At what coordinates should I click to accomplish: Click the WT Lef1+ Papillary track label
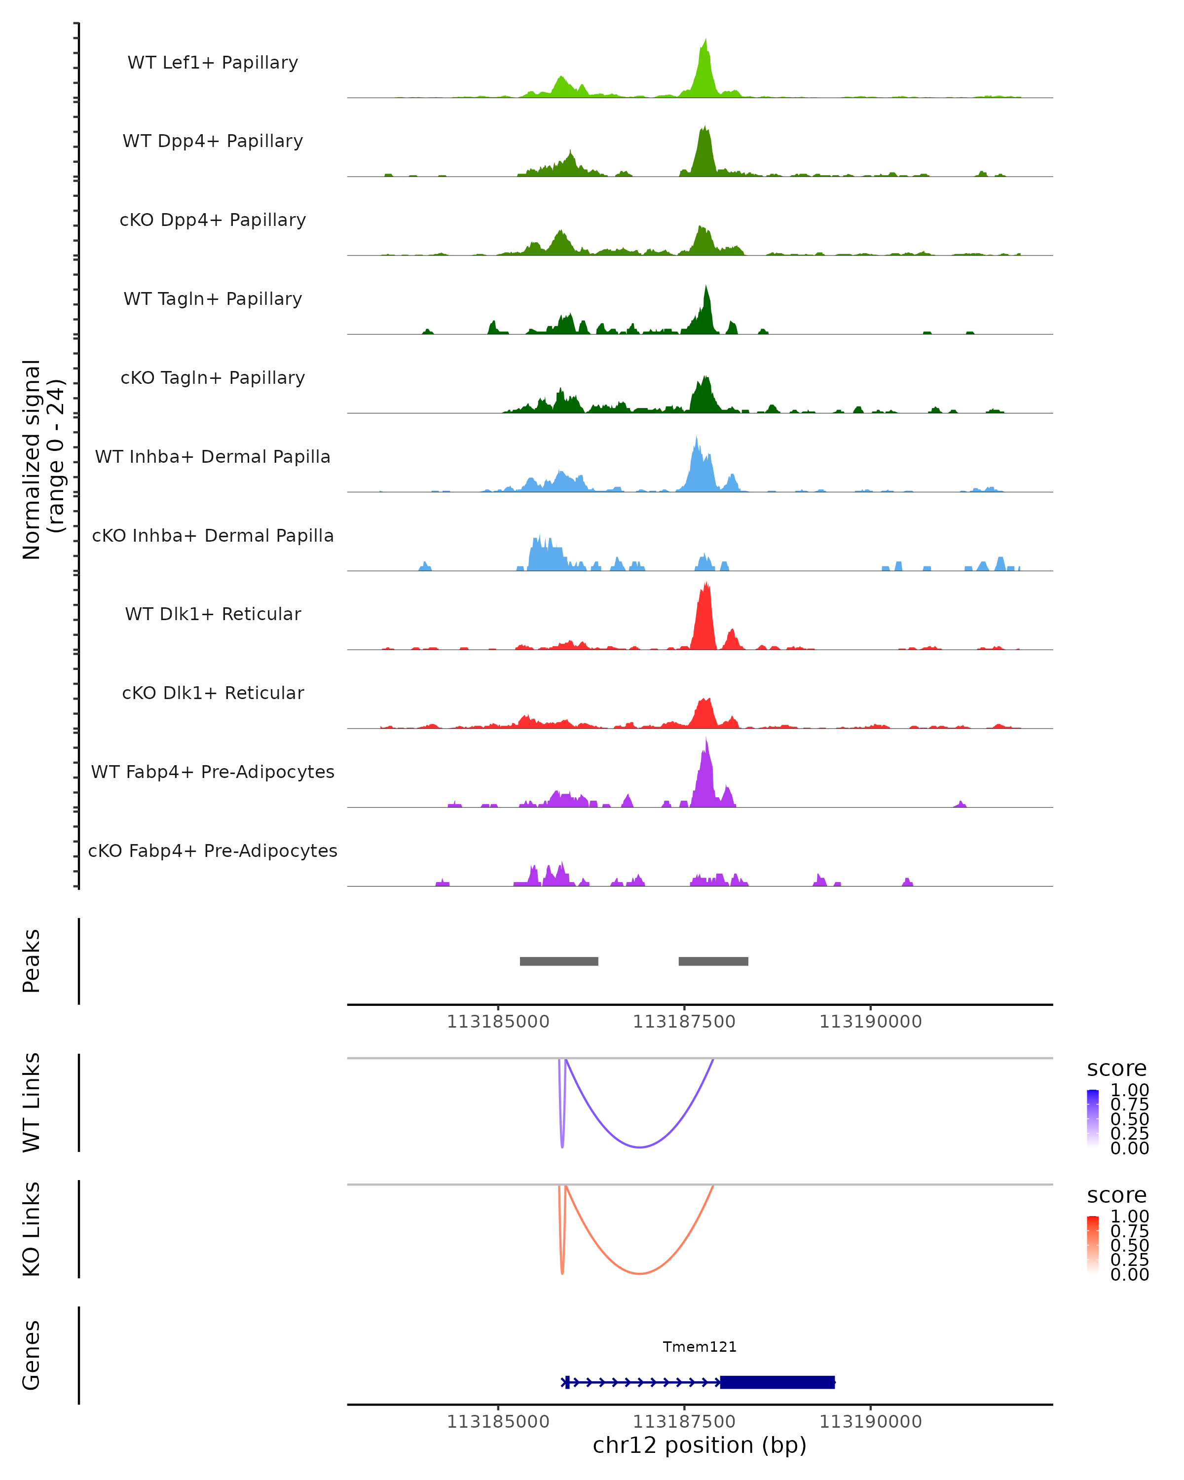213,63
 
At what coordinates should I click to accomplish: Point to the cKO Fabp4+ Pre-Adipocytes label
213,851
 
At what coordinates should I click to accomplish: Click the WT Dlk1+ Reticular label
213,614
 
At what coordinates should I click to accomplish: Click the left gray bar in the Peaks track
559,961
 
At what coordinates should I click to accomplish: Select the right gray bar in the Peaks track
713,961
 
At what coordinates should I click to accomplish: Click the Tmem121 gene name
700,1347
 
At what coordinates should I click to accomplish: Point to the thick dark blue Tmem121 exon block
777,1382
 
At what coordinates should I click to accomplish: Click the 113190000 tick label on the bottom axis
870,1422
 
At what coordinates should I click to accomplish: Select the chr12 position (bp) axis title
700,1445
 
